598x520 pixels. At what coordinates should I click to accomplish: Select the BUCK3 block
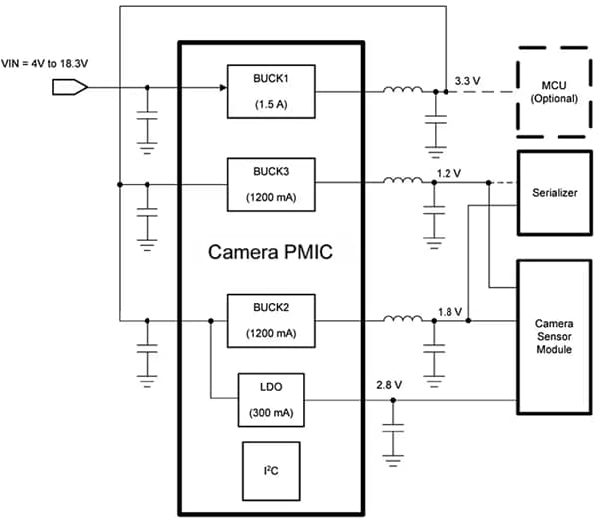[264, 182]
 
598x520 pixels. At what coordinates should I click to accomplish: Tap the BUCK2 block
[264, 320]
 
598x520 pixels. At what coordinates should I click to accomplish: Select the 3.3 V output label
[465, 78]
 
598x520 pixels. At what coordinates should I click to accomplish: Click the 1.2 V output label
[449, 172]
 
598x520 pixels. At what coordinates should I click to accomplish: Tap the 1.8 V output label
[449, 310]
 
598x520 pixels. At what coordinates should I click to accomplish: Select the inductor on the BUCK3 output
[403, 182]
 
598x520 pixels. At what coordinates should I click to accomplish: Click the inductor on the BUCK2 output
[403, 320]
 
